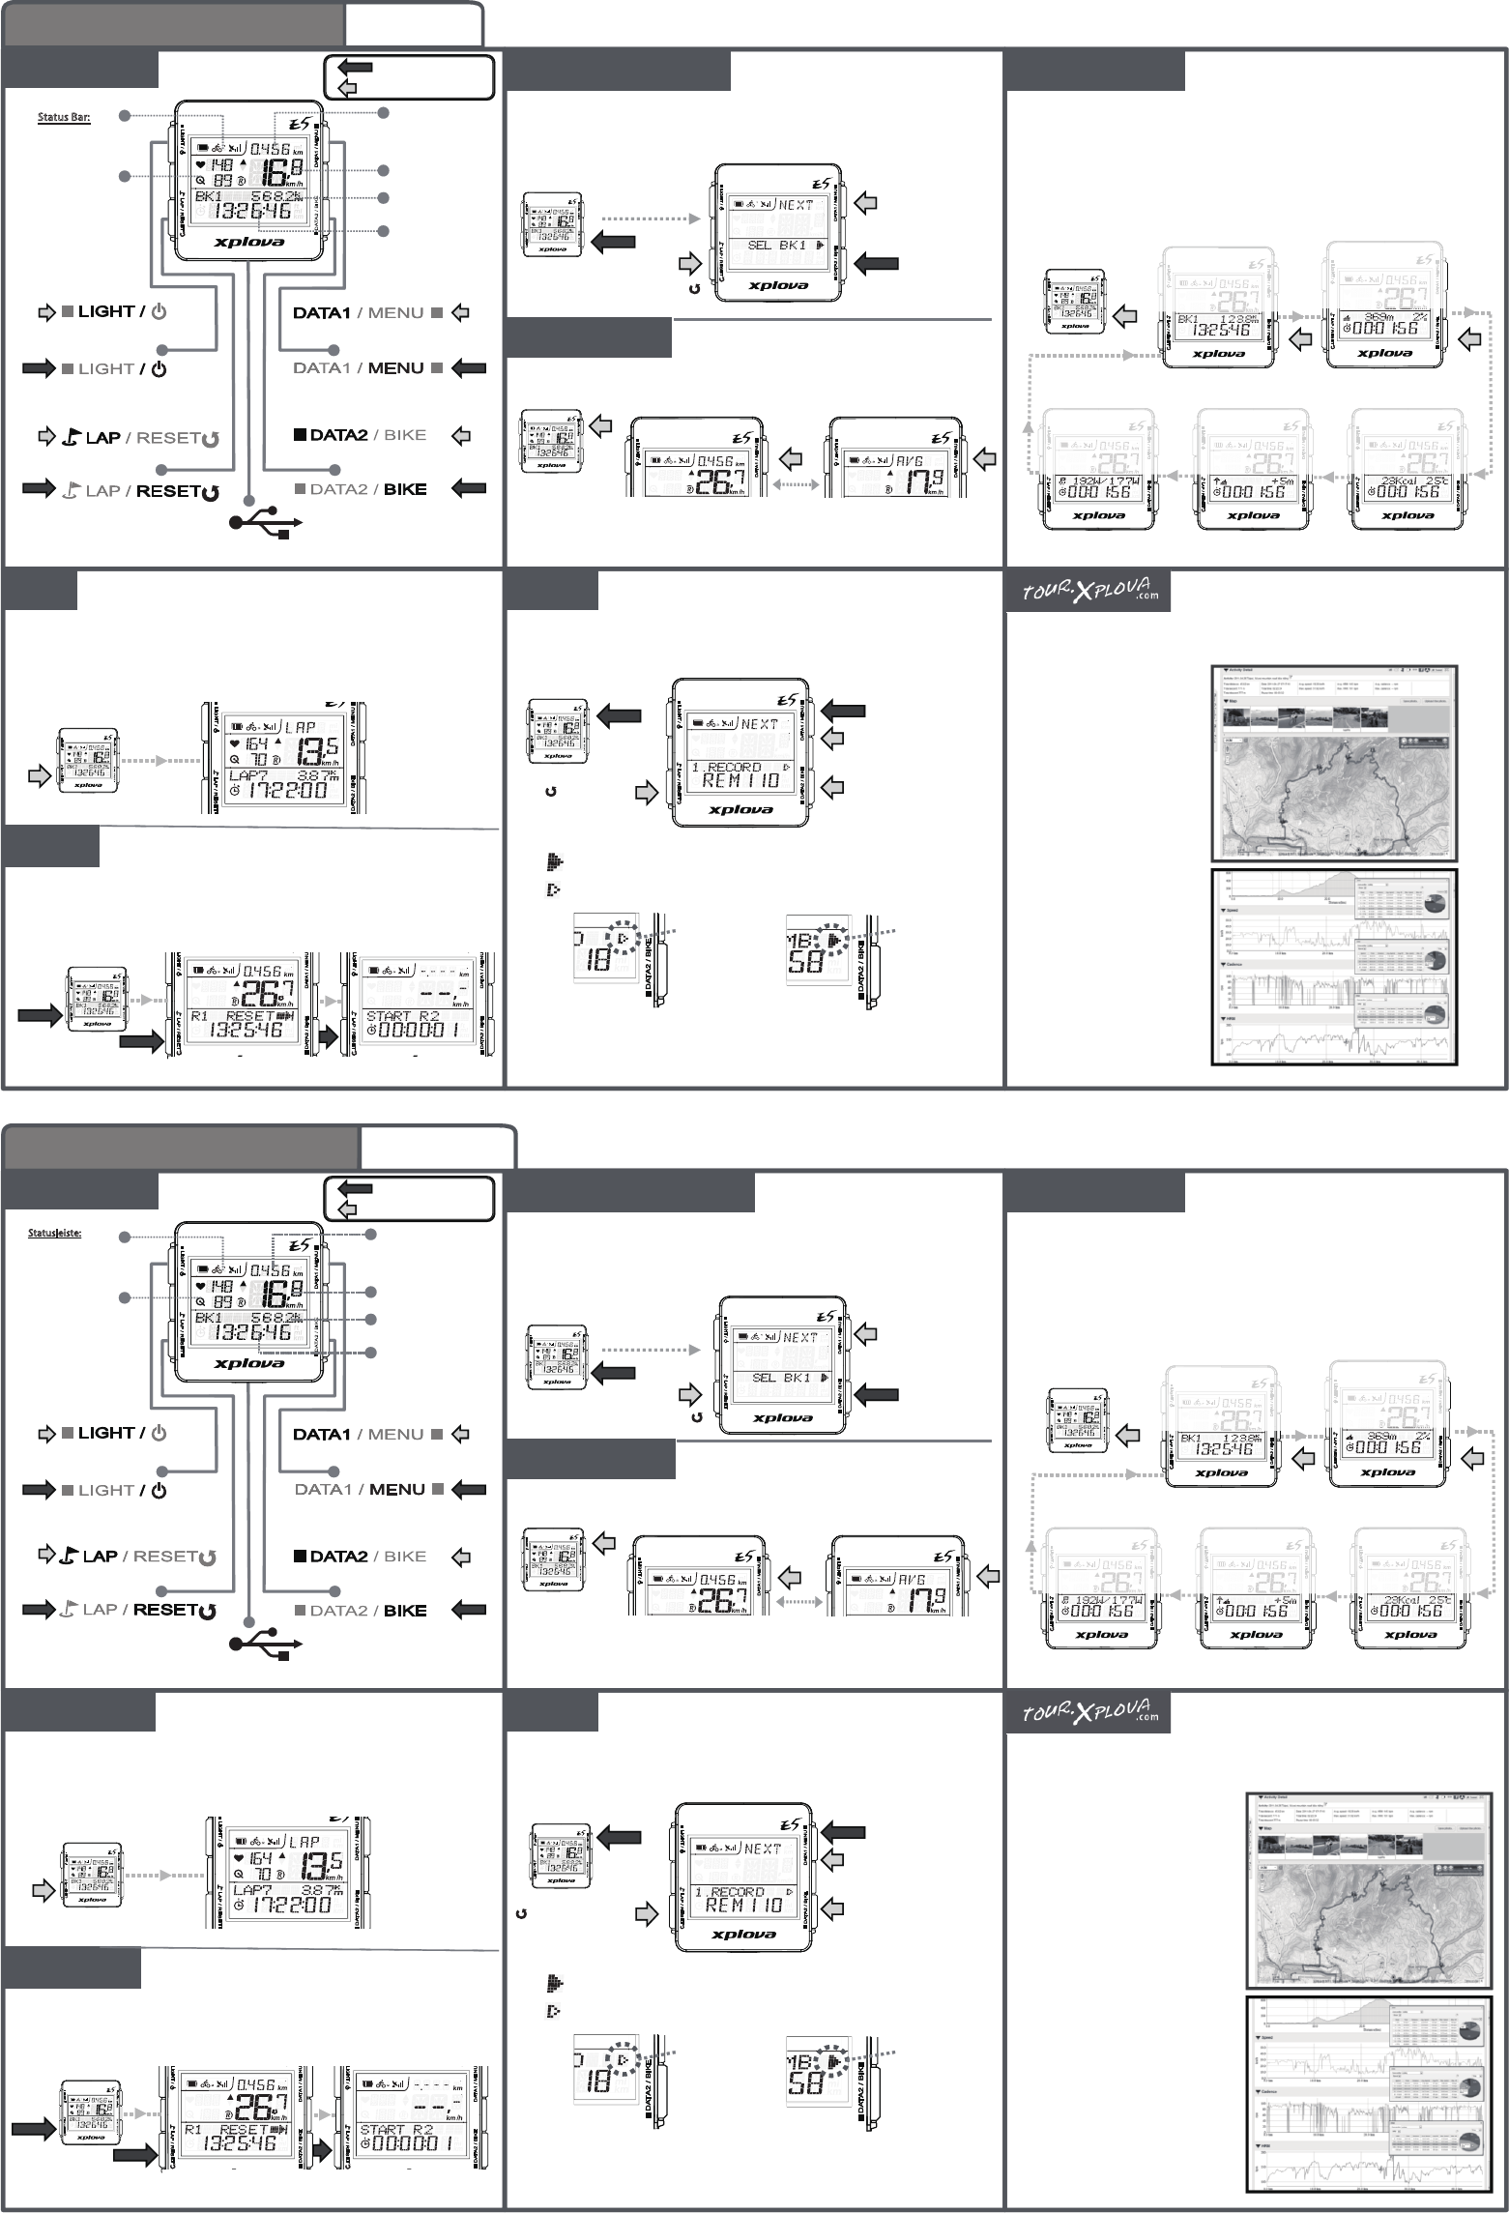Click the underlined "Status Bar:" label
click(64, 118)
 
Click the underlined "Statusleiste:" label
click(54, 1233)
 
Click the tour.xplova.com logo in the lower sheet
click(1089, 1712)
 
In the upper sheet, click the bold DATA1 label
click(321, 312)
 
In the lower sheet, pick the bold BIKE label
click(405, 1610)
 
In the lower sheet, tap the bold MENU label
click(396, 1489)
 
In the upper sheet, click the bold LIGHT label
click(105, 311)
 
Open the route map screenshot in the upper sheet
click(1333, 763)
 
